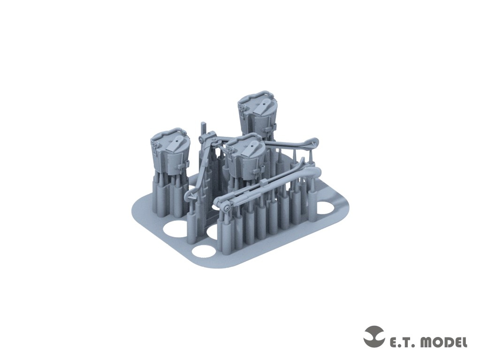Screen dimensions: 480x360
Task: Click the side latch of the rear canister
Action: point(271,127)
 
